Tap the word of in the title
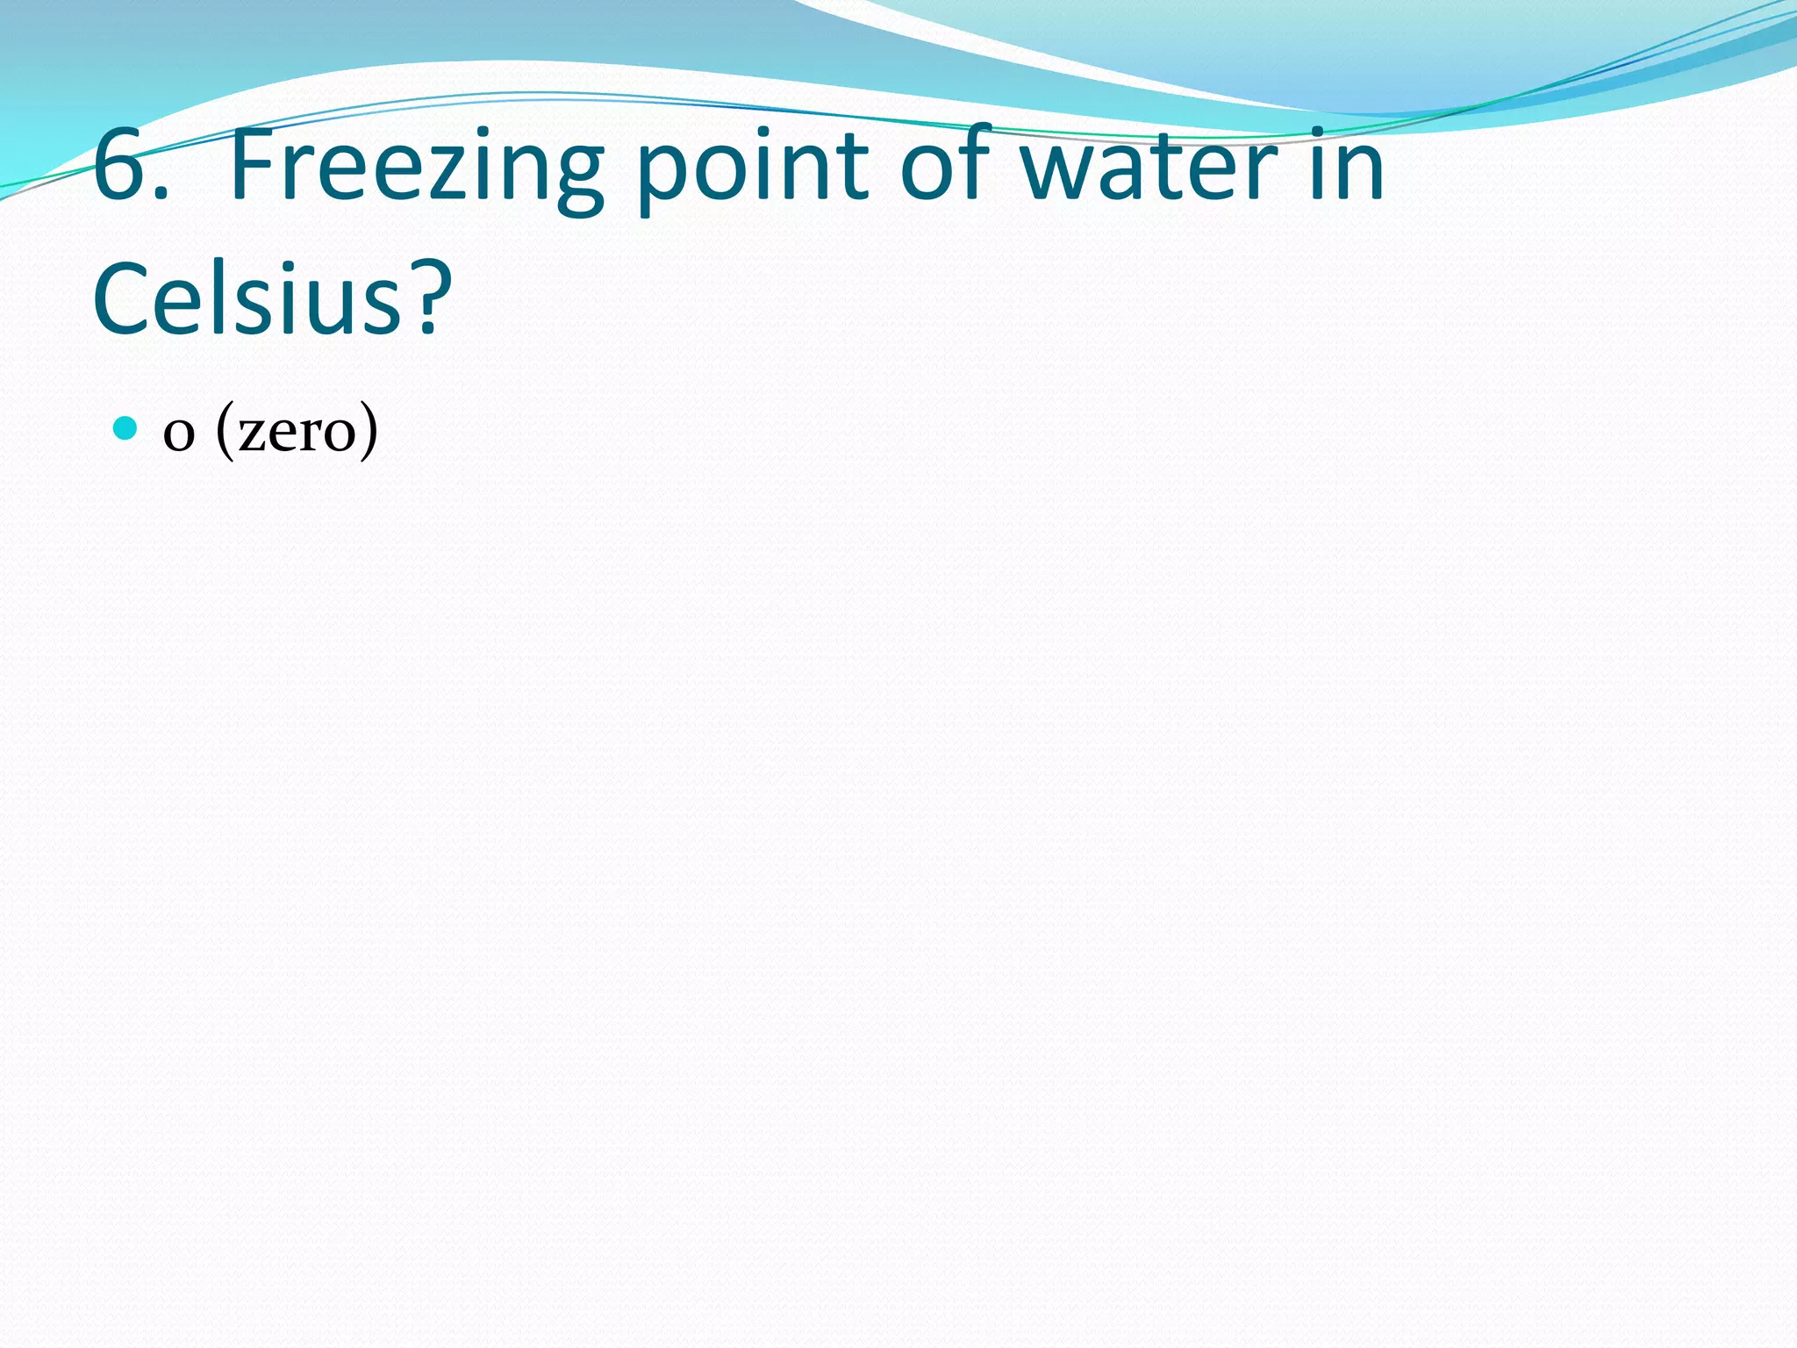point(946,166)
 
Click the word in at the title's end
point(1347,166)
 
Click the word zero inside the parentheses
point(297,434)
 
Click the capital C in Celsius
point(124,298)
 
